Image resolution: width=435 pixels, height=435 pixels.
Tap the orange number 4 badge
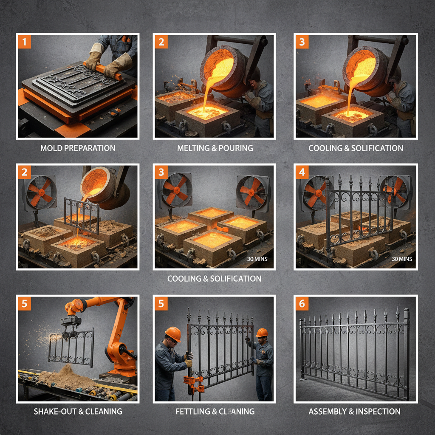302,172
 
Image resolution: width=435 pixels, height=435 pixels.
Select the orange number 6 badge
302,303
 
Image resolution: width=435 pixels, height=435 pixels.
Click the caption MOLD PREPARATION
78,148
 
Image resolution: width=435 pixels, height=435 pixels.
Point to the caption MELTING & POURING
215,148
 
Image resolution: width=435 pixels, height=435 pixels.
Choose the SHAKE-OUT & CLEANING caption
78,411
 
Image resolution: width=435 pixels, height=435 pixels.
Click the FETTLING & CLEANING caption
215,411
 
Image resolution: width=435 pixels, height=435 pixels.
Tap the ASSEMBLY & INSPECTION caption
354,411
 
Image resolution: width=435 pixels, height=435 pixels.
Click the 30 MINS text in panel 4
402,259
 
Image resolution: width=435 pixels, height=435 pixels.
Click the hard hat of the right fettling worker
262,332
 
